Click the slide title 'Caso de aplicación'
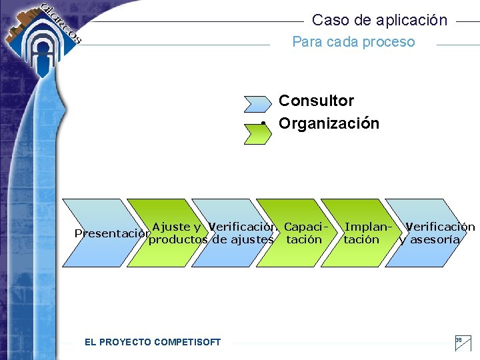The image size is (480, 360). click(379, 20)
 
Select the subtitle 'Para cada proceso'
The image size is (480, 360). click(353, 42)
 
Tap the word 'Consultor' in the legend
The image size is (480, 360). click(316, 101)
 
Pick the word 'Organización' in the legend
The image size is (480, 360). click(329, 123)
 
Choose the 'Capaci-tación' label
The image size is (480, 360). click(304, 233)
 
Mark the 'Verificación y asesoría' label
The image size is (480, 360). click(437, 233)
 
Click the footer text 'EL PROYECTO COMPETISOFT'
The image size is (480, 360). click(153, 342)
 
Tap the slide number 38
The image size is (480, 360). click(459, 340)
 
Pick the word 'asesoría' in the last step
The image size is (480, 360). click(434, 239)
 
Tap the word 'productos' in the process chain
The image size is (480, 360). click(179, 239)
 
